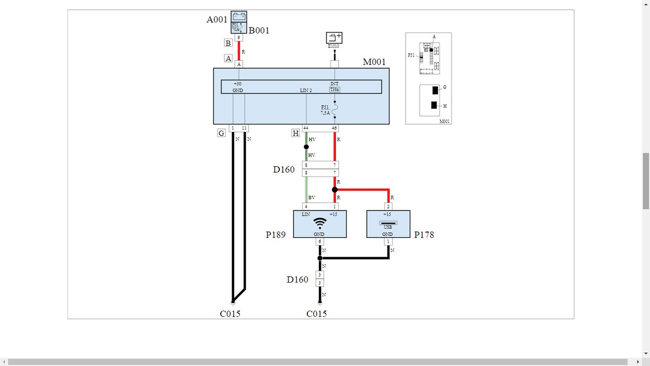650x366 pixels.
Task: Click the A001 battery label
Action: point(217,20)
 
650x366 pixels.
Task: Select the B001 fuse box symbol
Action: point(239,22)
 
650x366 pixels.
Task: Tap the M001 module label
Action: point(375,62)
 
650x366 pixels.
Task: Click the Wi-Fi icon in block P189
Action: point(320,223)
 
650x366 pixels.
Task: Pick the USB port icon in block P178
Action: point(388,223)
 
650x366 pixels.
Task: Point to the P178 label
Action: point(424,235)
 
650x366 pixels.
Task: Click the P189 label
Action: point(276,235)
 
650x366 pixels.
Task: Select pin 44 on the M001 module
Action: point(306,128)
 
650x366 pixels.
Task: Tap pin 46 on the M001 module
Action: point(334,128)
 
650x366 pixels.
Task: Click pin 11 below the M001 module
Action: point(244,128)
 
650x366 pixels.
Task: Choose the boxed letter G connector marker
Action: point(221,133)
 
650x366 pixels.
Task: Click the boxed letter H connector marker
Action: point(296,133)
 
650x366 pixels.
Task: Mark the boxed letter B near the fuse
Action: point(229,43)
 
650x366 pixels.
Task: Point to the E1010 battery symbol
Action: point(334,38)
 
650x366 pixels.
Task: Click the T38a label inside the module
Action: point(334,89)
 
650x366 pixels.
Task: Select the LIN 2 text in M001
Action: point(306,90)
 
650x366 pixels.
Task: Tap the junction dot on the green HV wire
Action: point(306,147)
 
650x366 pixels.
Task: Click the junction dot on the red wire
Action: point(335,190)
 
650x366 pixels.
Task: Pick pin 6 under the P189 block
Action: point(319,242)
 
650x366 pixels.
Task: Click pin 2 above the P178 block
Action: point(388,206)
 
